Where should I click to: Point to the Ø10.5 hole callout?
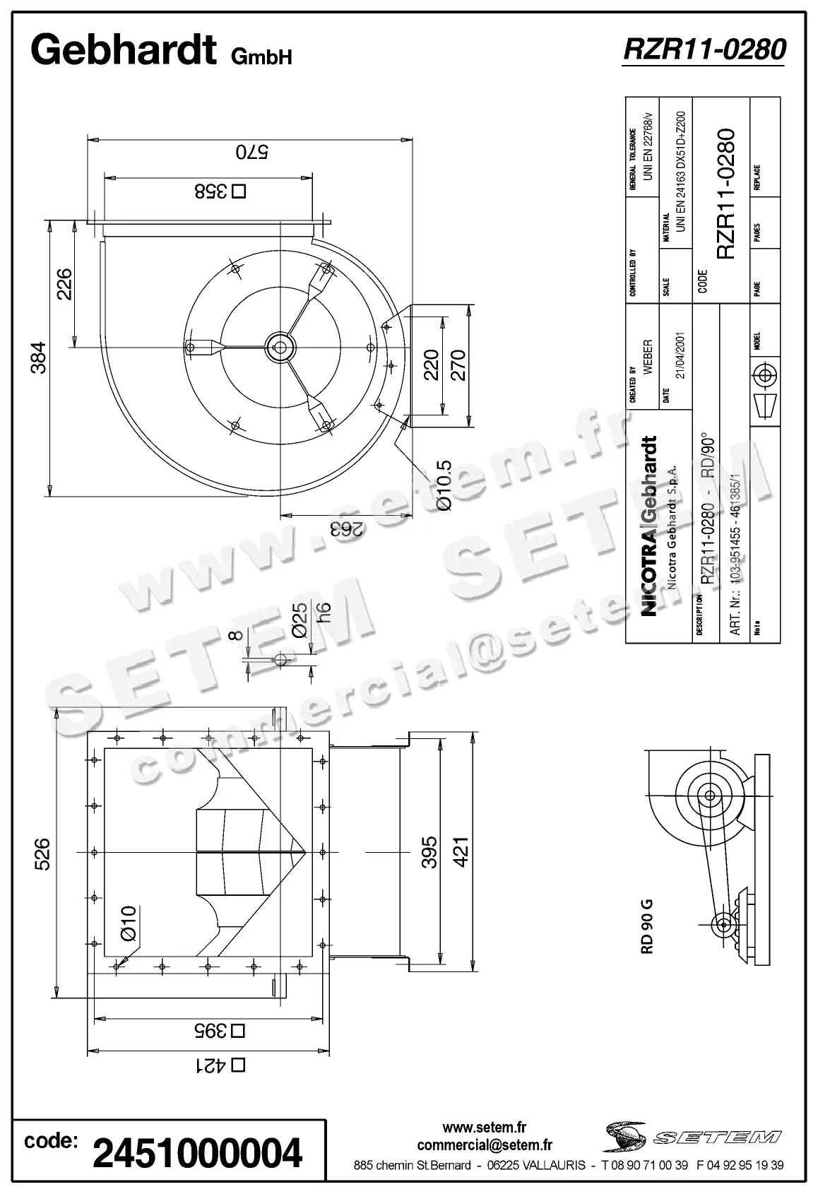444,485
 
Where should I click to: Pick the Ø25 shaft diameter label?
300,620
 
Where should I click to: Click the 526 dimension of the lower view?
42,853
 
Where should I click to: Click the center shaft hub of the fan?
280,346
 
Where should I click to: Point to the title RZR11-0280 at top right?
704,50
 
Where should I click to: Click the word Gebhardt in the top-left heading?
124,50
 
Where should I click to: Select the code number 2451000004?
197,1153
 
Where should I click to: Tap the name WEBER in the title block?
648,357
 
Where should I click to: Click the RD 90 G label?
646,926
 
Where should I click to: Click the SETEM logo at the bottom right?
692,1137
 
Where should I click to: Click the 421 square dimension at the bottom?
219,1065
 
